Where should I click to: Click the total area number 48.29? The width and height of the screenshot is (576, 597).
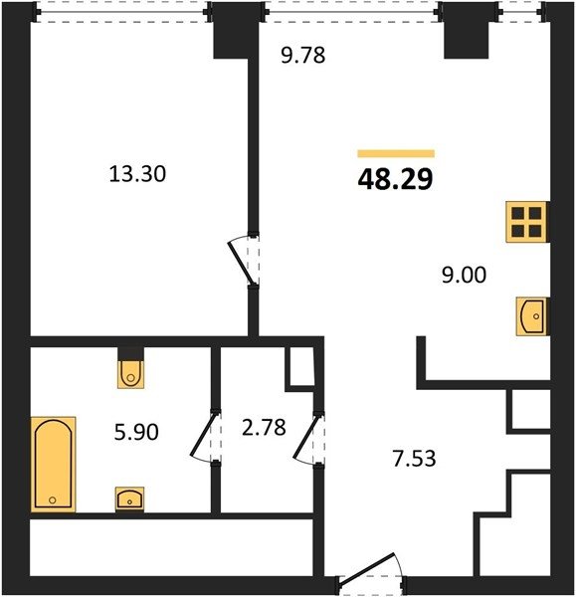(x=395, y=179)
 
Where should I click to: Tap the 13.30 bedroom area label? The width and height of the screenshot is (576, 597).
(x=137, y=173)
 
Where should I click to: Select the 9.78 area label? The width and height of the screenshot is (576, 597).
(x=303, y=55)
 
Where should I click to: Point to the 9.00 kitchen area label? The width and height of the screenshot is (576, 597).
(x=464, y=275)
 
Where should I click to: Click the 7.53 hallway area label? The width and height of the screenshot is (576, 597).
(x=414, y=459)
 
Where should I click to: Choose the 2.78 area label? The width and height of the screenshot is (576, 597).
(x=264, y=427)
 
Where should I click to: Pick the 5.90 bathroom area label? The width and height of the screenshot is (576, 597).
(x=136, y=432)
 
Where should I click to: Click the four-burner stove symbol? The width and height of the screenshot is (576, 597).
(x=526, y=222)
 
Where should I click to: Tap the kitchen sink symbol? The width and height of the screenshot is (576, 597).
(x=532, y=316)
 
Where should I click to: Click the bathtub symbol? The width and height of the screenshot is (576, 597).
(x=54, y=464)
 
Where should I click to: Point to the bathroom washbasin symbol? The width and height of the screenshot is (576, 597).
(x=129, y=498)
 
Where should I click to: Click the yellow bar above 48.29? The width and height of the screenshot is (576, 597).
(x=396, y=153)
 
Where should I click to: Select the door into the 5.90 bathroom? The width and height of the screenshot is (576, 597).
(x=202, y=438)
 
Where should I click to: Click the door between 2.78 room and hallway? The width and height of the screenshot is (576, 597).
(x=305, y=438)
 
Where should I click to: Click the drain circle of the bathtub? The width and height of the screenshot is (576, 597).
(x=53, y=499)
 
